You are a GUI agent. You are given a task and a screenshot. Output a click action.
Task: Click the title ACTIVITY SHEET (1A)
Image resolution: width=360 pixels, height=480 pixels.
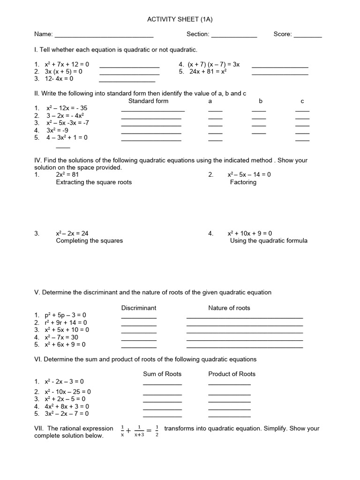pos(180,19)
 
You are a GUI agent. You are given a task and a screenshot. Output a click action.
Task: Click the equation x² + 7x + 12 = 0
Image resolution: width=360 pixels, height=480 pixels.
pos(67,64)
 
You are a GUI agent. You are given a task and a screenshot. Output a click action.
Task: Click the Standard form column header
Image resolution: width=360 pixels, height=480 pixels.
pos(148,101)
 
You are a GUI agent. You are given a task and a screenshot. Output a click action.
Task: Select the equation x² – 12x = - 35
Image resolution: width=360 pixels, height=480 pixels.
pos(66,108)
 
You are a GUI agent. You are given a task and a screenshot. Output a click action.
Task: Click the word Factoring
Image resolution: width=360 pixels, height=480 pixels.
pos(243,182)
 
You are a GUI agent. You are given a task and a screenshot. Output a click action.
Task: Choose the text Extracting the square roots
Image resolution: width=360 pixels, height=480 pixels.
pos(94,182)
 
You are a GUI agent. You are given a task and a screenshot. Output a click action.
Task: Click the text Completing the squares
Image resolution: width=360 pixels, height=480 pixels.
pos(89,240)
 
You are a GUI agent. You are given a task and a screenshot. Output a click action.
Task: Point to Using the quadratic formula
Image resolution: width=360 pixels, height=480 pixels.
pos(269,240)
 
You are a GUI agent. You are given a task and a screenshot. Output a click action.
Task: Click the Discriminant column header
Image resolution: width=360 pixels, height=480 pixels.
pos(139,308)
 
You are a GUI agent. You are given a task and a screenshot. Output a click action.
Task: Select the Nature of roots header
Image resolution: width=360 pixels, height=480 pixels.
pos(229,308)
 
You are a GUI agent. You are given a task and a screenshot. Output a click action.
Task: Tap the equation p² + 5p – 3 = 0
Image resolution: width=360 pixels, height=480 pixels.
pos(66,315)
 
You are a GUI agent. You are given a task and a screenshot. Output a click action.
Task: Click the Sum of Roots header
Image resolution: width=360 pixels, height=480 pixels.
pos(162,374)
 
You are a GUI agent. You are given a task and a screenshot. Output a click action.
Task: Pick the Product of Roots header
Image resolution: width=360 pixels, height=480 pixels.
pos(232,374)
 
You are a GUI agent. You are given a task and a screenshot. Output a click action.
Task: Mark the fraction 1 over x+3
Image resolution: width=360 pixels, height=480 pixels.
pos(138,431)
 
